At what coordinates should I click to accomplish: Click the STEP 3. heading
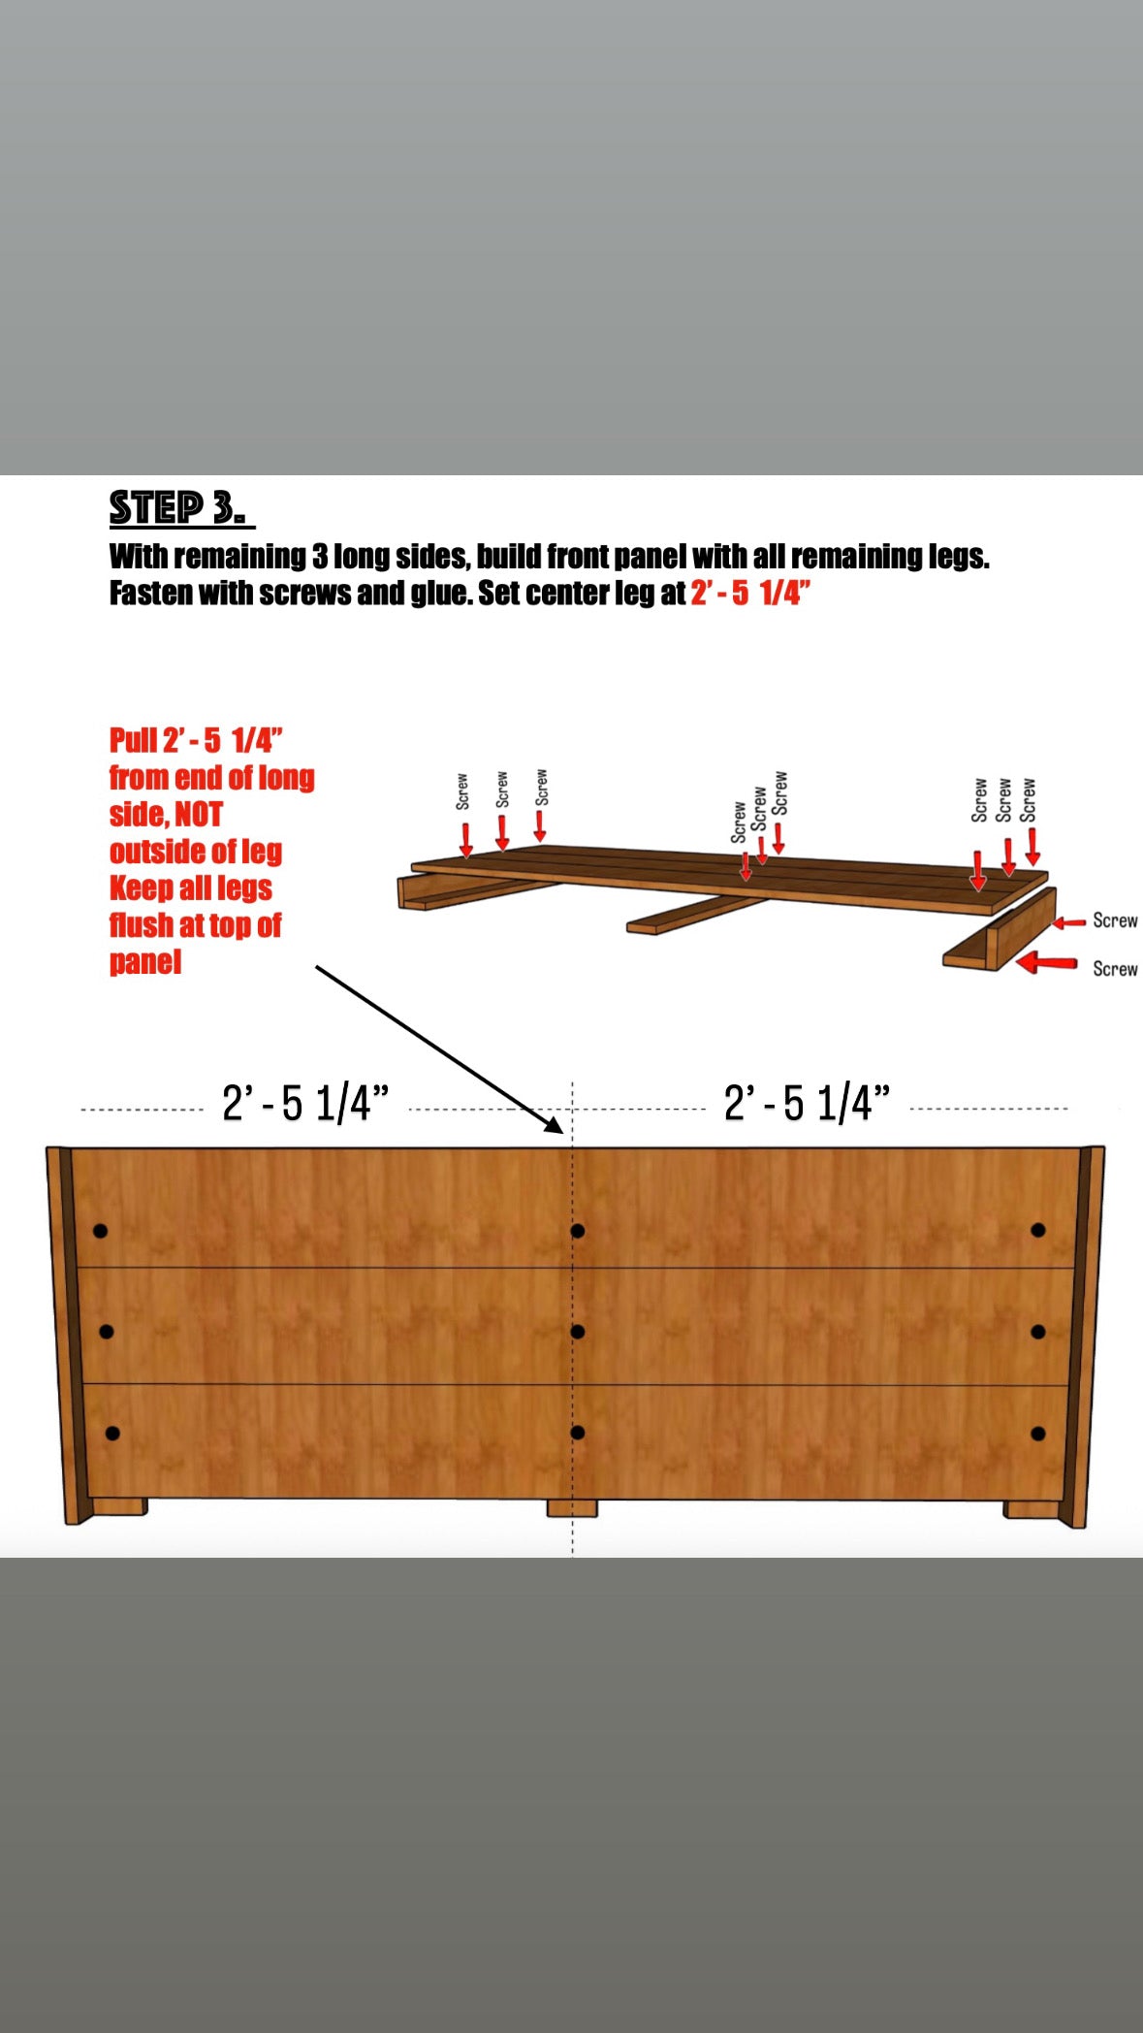(181, 508)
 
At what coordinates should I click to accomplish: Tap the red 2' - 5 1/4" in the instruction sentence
(750, 593)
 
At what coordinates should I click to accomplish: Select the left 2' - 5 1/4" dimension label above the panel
(305, 1104)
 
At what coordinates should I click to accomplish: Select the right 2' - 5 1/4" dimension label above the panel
(807, 1104)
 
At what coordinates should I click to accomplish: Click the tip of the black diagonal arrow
(562, 1133)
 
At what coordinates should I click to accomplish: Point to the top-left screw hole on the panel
(100, 1232)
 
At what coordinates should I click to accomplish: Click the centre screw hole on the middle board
(578, 1332)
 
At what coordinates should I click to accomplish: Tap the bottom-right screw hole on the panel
(1038, 1434)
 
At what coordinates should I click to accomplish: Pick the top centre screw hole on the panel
(578, 1231)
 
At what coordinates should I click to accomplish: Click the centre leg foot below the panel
(572, 1508)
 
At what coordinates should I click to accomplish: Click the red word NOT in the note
(199, 815)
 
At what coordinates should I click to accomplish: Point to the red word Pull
(133, 741)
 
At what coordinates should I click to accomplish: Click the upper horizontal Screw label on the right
(1115, 920)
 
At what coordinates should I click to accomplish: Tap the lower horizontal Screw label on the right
(1115, 969)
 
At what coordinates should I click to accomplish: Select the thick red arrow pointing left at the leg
(1047, 963)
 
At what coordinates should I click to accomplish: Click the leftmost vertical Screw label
(462, 791)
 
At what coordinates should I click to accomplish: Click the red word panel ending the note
(145, 962)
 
